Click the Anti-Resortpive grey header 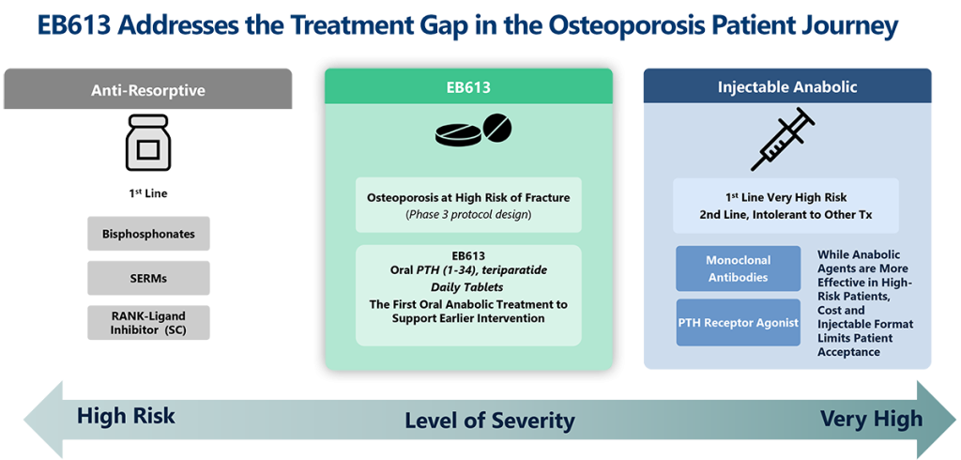tap(148, 90)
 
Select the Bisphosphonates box tap(148, 234)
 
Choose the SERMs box tap(148, 277)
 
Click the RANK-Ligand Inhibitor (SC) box tap(148, 322)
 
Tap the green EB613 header tap(468, 87)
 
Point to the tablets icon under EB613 tap(474, 132)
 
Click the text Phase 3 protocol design tap(468, 215)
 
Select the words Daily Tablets tap(468, 286)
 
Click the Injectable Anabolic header tap(786, 87)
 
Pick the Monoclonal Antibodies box tap(738, 268)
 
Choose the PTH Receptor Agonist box tap(738, 323)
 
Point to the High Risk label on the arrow tap(126, 416)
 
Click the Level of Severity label tap(489, 420)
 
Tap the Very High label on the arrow tap(871, 418)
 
